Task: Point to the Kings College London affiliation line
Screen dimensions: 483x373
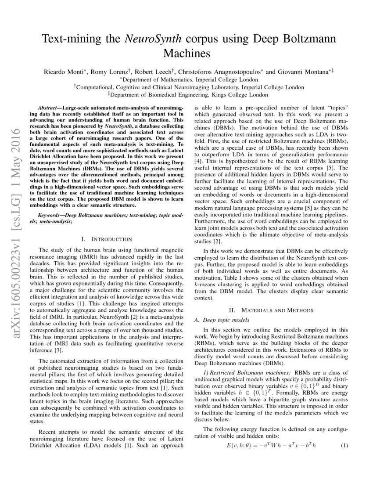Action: coord(189,94)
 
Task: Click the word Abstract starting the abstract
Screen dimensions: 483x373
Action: coord(48,108)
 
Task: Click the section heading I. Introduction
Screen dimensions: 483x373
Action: coord(107,239)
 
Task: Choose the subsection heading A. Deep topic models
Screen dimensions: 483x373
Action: coord(221,320)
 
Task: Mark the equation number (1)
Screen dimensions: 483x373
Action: coord(344,446)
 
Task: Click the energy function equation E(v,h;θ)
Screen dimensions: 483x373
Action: coord(271,446)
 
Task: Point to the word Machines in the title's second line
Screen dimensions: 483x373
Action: coord(186,54)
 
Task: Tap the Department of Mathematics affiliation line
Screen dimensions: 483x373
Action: coord(189,79)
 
